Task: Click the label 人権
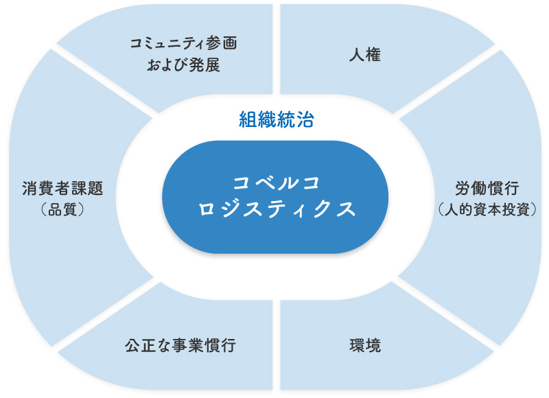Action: point(364,55)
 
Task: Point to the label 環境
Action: point(364,344)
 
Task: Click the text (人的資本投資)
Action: point(487,209)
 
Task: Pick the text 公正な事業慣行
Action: point(180,344)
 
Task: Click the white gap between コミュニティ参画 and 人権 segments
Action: point(277,48)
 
